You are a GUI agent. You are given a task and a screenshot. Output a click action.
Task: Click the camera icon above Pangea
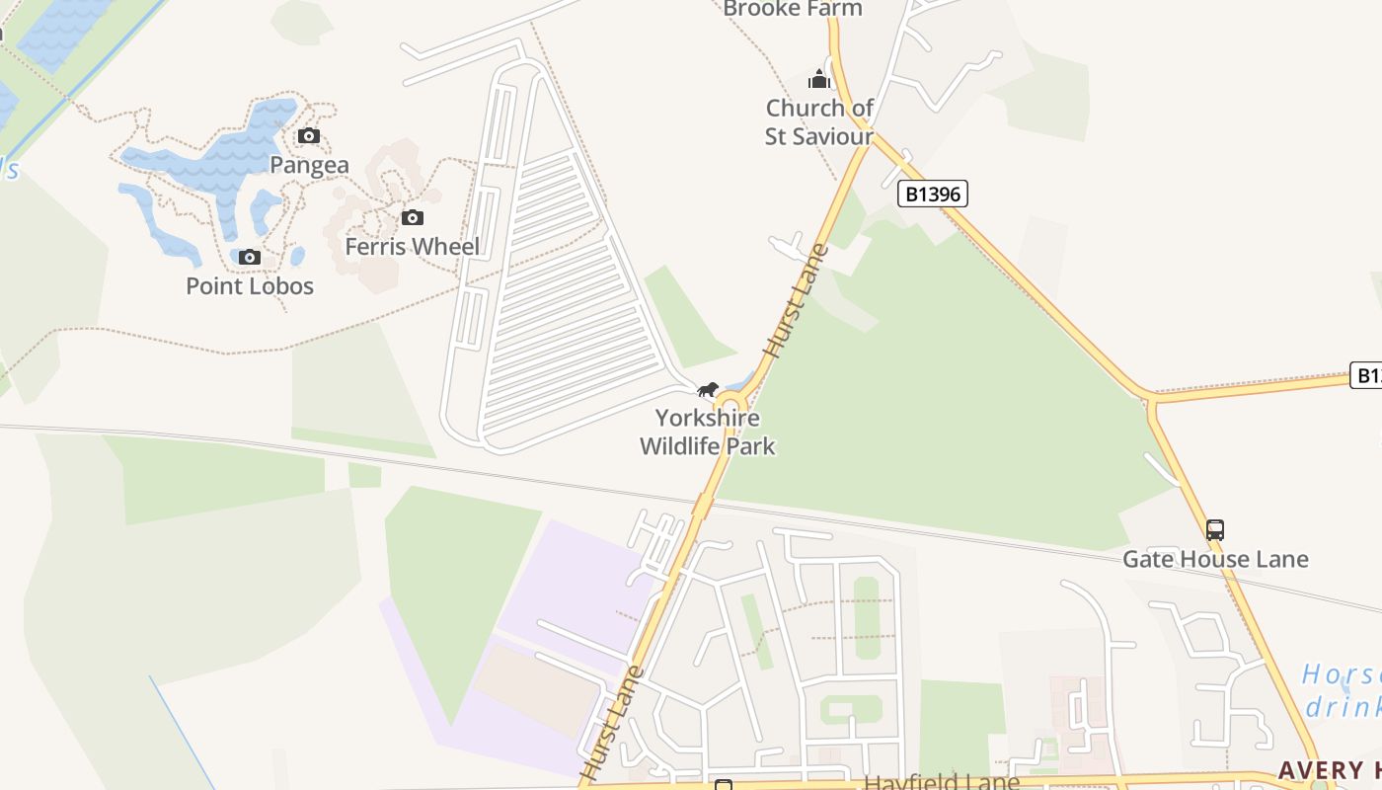pyautogui.click(x=309, y=135)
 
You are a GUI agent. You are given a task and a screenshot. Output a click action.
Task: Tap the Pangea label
pyautogui.click(x=309, y=165)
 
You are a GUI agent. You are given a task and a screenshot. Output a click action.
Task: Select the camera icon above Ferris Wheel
pyautogui.click(x=412, y=217)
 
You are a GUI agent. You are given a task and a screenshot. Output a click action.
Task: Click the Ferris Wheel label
pyautogui.click(x=412, y=246)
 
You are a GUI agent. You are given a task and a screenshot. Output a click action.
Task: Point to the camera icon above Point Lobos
pyautogui.click(x=250, y=258)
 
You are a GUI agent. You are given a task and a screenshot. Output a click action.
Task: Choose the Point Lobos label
pyautogui.click(x=250, y=286)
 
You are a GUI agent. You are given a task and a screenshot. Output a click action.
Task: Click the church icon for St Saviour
pyautogui.click(x=818, y=79)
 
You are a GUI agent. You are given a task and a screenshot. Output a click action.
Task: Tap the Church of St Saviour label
pyautogui.click(x=819, y=121)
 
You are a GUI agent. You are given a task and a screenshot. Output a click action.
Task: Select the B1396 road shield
pyautogui.click(x=932, y=194)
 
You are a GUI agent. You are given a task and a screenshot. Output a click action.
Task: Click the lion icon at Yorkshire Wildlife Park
pyautogui.click(x=707, y=390)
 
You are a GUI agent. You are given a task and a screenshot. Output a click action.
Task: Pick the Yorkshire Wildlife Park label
pyautogui.click(x=707, y=432)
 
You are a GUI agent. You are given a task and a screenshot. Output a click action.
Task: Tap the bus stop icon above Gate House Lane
pyautogui.click(x=1214, y=530)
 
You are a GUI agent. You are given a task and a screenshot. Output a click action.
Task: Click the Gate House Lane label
pyautogui.click(x=1214, y=559)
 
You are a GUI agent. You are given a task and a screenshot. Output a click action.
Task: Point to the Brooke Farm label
pyautogui.click(x=792, y=9)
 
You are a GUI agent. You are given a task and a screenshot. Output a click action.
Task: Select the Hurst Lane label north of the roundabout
pyautogui.click(x=796, y=301)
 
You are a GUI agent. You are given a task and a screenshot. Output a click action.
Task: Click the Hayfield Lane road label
pyautogui.click(x=941, y=782)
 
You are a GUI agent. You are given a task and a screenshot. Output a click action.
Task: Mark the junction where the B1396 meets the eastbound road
pyautogui.click(x=1151, y=400)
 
